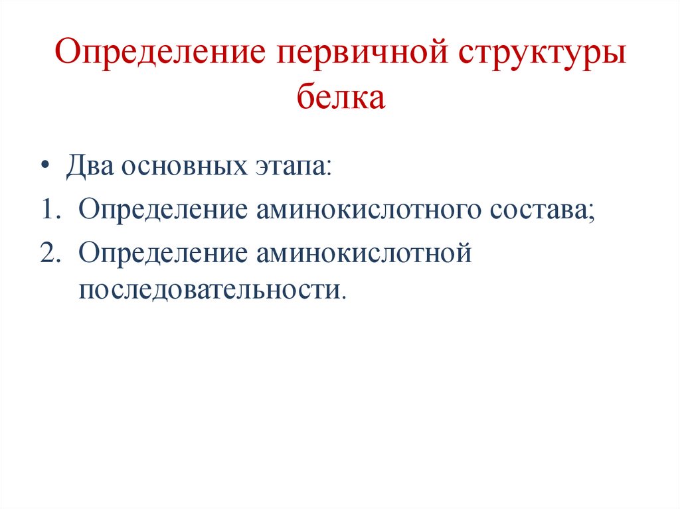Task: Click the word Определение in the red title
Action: (x=158, y=53)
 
